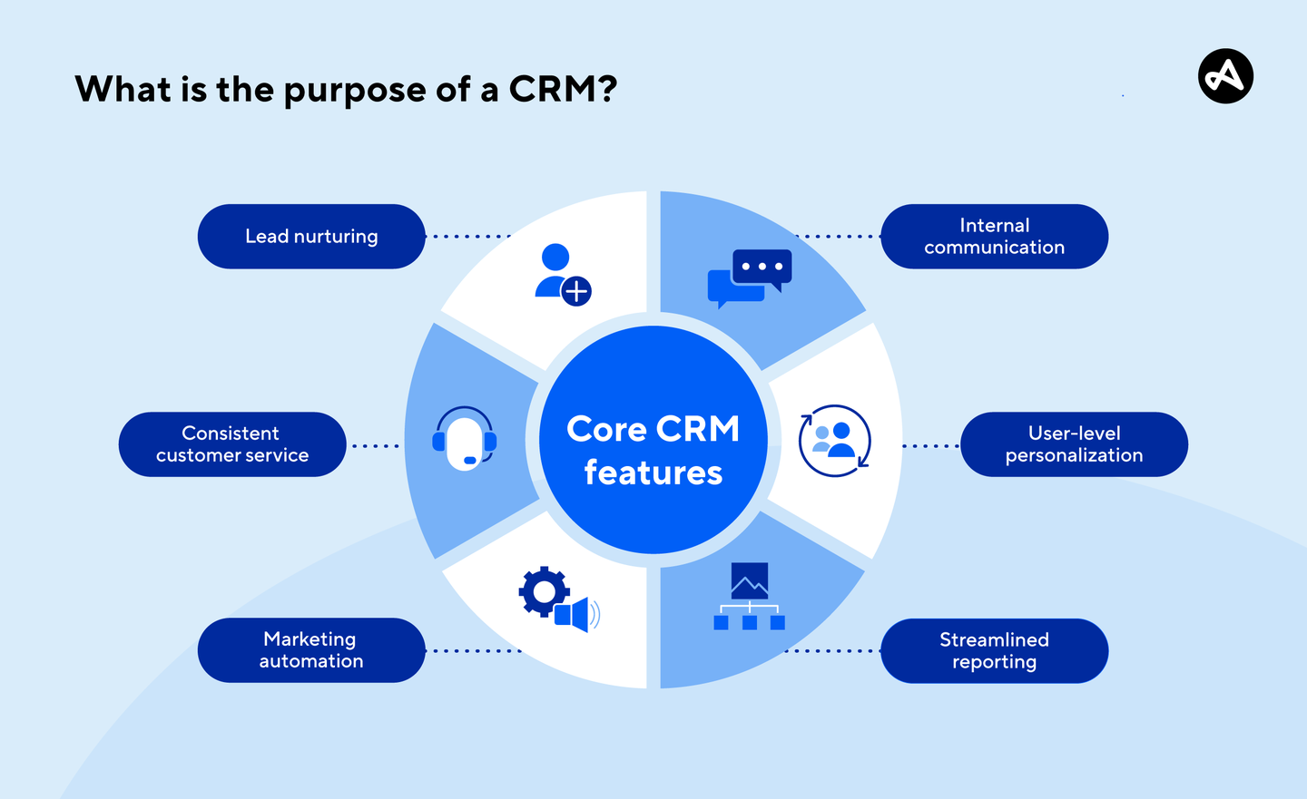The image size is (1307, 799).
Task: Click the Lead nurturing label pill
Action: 311,237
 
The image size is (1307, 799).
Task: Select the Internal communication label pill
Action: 994,237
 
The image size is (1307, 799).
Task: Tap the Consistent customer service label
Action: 232,444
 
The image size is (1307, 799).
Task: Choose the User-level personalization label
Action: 1074,444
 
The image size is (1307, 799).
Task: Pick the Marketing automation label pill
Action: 311,650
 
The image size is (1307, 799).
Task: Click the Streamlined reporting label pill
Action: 994,651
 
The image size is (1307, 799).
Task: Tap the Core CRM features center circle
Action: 653,440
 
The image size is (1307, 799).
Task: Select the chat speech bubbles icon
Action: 750,278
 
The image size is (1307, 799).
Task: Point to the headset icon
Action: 465,439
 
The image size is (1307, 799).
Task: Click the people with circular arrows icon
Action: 835,441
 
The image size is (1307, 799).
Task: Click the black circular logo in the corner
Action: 1225,76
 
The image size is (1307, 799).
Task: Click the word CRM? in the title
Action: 563,90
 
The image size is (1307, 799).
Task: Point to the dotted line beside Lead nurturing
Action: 468,237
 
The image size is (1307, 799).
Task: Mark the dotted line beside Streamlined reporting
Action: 830,651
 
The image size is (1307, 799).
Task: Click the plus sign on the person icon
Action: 576,291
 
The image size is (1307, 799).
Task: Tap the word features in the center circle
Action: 653,473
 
